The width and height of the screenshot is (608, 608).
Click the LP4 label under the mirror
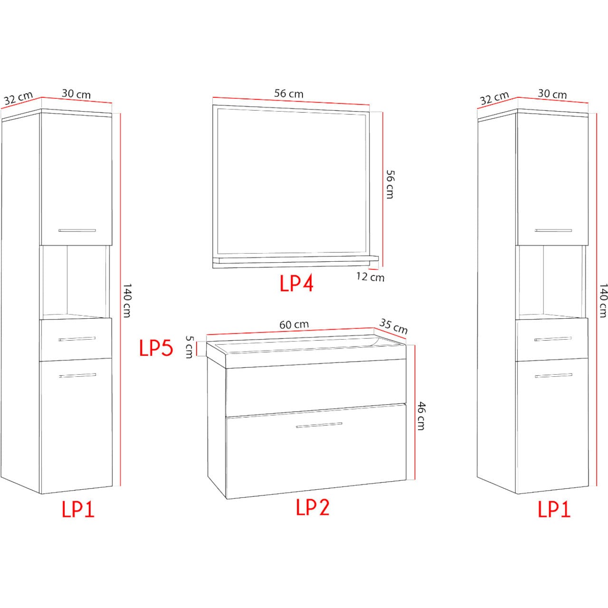click(x=296, y=283)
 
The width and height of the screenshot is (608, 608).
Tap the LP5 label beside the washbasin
click(x=156, y=348)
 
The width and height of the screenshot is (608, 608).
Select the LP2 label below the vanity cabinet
click(x=313, y=507)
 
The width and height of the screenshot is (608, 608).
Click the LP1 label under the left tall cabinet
click(x=78, y=509)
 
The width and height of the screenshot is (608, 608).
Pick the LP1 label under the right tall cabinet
click(x=554, y=509)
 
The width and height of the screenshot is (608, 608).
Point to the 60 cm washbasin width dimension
click(x=294, y=324)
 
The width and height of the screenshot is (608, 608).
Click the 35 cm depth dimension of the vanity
click(x=393, y=326)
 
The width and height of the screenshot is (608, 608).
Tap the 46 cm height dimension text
click(x=421, y=416)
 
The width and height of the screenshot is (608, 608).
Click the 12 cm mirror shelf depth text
click(x=370, y=277)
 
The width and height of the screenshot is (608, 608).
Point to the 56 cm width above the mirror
click(x=289, y=94)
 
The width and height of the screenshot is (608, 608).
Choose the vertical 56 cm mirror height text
click(x=390, y=184)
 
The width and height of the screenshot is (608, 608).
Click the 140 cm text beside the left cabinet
click(x=126, y=300)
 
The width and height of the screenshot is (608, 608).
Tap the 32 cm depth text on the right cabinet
click(x=494, y=98)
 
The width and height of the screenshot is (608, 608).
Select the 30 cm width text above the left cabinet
click(x=76, y=94)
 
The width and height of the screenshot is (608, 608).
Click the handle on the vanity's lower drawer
click(x=319, y=425)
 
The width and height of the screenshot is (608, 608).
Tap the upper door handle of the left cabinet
click(x=77, y=230)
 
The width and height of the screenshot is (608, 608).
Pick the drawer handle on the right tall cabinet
click(x=553, y=339)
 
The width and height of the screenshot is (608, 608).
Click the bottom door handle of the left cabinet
click(x=77, y=375)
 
